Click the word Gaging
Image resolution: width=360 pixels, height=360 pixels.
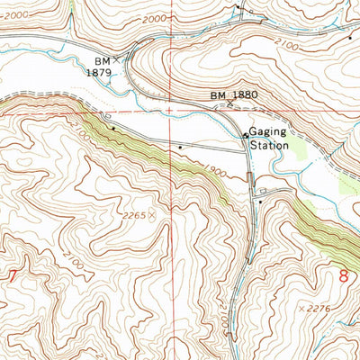[268, 130]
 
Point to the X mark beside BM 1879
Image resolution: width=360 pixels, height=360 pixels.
[116, 58]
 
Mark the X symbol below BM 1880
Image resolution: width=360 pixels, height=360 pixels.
[229, 104]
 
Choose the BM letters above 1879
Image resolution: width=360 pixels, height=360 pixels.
[100, 61]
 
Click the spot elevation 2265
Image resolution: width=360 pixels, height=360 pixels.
[134, 216]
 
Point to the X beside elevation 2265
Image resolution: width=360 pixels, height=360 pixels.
[151, 216]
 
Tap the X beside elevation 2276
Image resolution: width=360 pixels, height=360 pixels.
[301, 309]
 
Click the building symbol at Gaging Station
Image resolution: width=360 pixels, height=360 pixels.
[246, 136]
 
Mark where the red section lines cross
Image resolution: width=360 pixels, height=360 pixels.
[173, 112]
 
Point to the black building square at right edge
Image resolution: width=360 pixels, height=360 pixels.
[350, 38]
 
